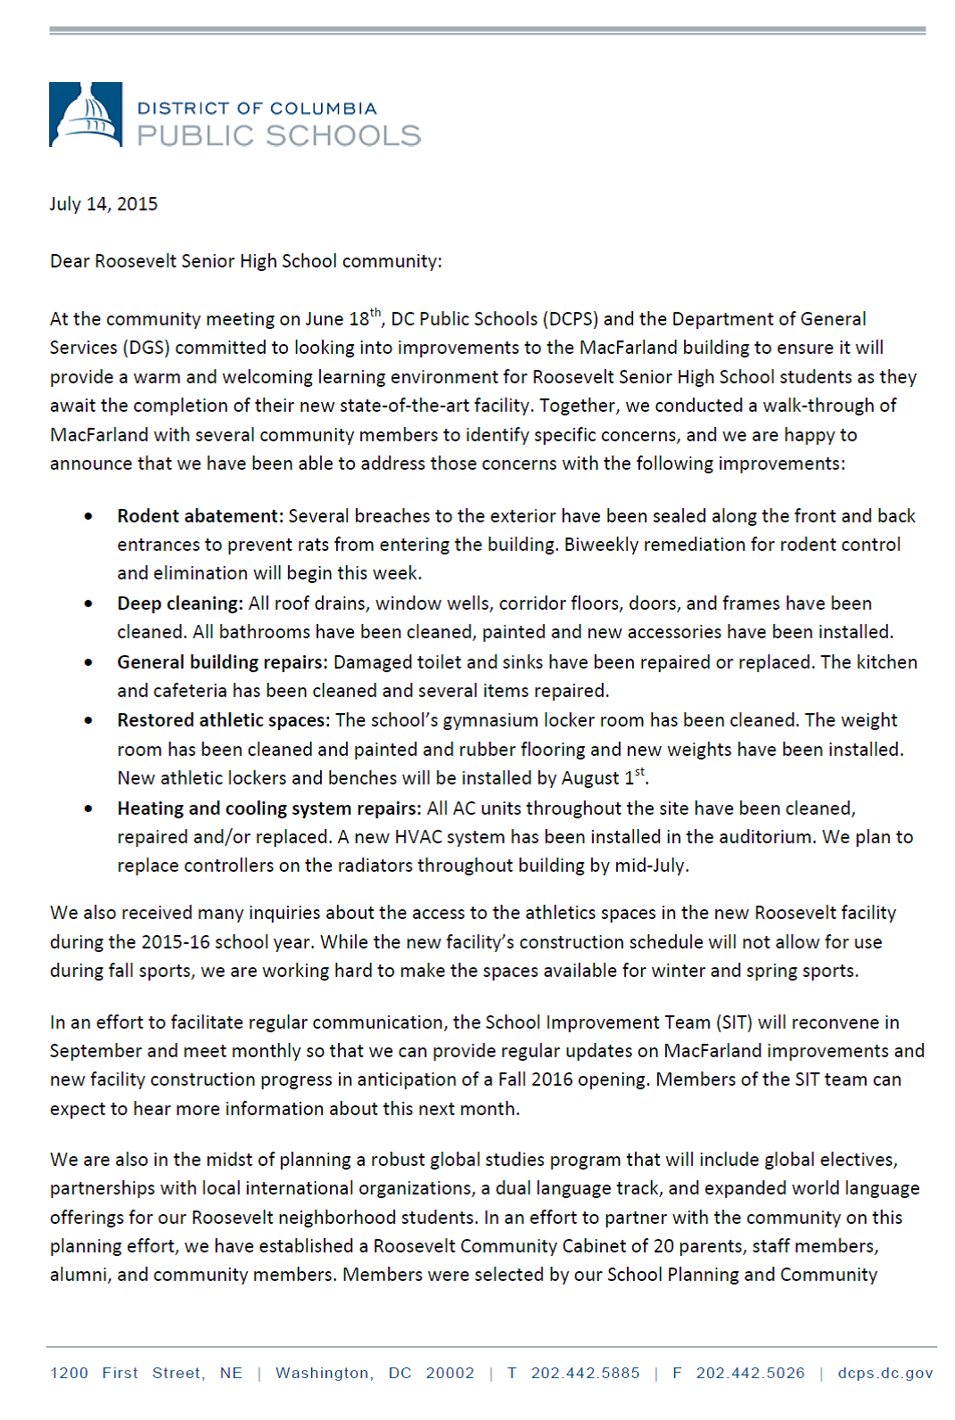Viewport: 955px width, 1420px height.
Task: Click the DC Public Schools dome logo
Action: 86,115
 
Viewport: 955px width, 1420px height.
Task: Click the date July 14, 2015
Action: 103,204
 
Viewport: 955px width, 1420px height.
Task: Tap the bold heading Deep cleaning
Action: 179,603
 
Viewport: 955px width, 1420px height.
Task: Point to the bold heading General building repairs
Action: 222,662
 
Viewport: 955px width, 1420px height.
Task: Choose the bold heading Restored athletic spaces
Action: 223,720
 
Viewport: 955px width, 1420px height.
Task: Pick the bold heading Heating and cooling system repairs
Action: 268,808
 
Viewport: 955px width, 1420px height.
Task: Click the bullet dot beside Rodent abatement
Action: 88,516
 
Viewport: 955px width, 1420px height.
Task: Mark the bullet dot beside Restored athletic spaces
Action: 88,720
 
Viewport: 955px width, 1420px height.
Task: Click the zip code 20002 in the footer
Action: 450,1373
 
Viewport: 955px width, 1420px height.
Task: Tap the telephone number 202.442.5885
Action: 585,1373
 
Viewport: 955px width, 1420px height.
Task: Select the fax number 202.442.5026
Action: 750,1373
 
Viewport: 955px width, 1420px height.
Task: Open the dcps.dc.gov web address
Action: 885,1373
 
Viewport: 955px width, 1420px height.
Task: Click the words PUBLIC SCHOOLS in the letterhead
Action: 278,135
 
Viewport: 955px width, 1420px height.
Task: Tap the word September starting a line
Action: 95,1051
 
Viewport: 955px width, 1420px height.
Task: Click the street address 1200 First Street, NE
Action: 146,1373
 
